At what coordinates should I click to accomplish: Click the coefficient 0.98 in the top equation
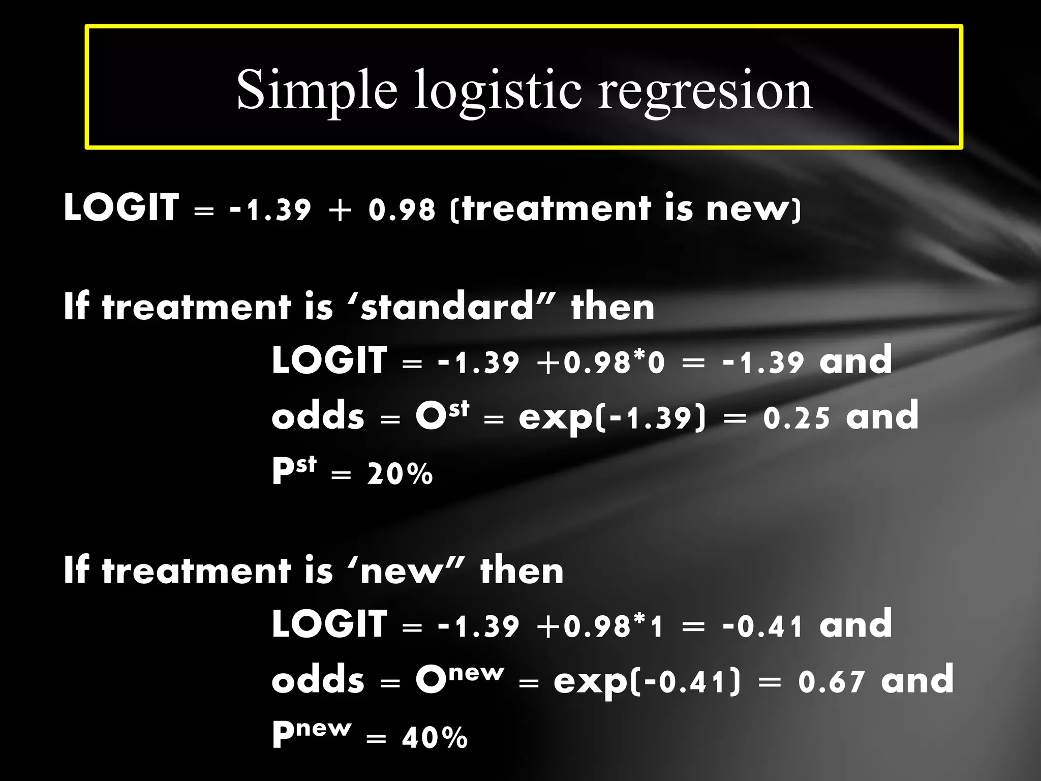pos(402,209)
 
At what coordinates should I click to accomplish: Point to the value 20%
pos(400,474)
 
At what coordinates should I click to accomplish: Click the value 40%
pos(435,738)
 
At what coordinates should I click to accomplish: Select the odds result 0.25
pos(797,418)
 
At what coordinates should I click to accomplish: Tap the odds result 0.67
pos(831,682)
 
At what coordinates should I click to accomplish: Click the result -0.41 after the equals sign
pos(762,626)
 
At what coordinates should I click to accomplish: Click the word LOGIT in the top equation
pos(121,208)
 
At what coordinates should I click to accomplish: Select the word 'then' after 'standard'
pos(613,308)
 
